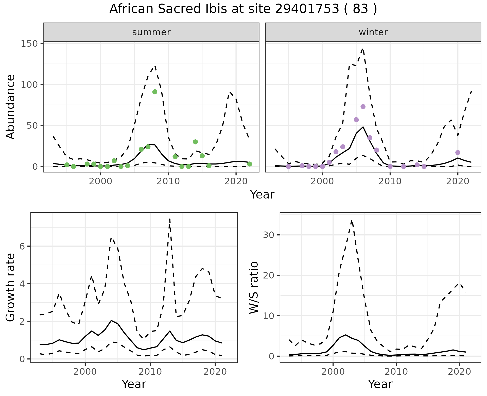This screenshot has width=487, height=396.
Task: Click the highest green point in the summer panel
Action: click(x=155, y=92)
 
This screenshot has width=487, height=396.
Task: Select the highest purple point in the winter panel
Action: click(x=363, y=107)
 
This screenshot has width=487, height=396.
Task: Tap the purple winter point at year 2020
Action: click(x=458, y=153)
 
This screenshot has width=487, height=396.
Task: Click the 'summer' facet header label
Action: click(x=151, y=32)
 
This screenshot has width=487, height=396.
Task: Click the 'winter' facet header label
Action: click(x=373, y=32)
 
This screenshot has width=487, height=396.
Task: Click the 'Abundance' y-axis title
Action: click(x=11, y=107)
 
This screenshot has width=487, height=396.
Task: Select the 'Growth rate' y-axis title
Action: click(x=11, y=288)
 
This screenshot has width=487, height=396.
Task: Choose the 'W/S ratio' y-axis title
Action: click(x=254, y=288)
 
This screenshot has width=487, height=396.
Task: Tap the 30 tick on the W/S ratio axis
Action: click(x=268, y=235)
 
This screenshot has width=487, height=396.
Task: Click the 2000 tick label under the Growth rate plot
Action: click(x=85, y=372)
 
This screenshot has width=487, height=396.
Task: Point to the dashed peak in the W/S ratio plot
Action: click(x=352, y=220)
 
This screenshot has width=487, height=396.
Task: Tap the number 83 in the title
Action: click(x=360, y=9)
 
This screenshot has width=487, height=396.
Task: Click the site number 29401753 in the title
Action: click(x=307, y=9)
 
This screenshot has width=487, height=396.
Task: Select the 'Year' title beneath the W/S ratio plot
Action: click(x=380, y=384)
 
